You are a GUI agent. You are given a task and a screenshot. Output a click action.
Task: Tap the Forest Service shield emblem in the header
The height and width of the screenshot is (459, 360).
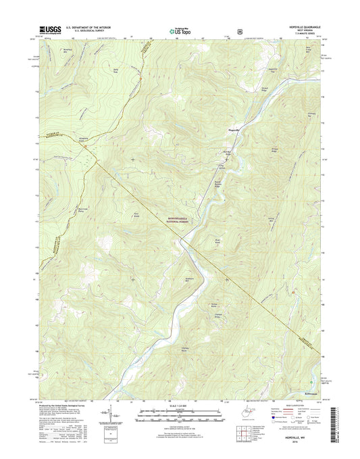[238, 30]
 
